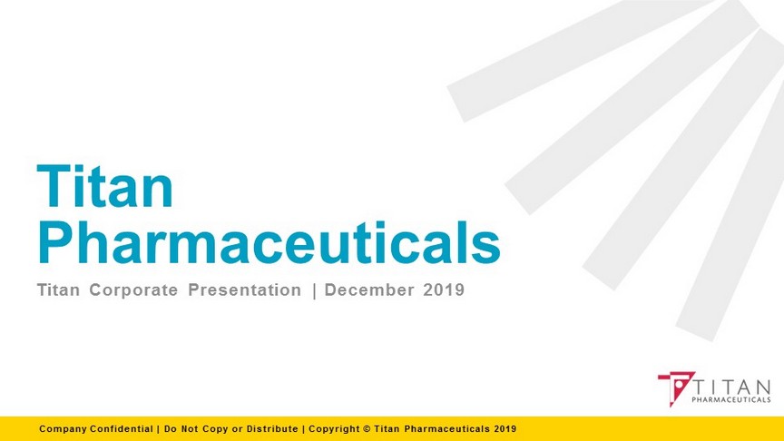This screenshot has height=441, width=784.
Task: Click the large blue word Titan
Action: (105, 186)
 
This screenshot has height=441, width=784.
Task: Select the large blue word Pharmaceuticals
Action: (269, 242)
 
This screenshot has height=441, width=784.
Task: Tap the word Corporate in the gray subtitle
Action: (133, 290)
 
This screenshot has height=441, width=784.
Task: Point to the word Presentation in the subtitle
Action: (245, 290)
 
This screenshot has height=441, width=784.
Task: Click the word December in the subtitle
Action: (369, 290)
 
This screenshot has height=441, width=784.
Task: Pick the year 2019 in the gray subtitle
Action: (444, 290)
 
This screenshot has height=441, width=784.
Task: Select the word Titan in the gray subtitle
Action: (58, 290)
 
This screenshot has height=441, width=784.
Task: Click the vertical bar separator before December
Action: (314, 290)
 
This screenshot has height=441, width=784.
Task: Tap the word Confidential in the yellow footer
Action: (122, 429)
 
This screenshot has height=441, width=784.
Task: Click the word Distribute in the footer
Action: (272, 429)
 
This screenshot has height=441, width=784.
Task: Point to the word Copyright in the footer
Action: (334, 429)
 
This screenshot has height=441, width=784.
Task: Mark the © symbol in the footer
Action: (367, 429)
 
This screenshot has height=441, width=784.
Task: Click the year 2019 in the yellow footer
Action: (505, 429)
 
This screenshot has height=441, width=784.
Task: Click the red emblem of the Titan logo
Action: (677, 387)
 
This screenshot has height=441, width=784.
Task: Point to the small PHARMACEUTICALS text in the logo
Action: (731, 399)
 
